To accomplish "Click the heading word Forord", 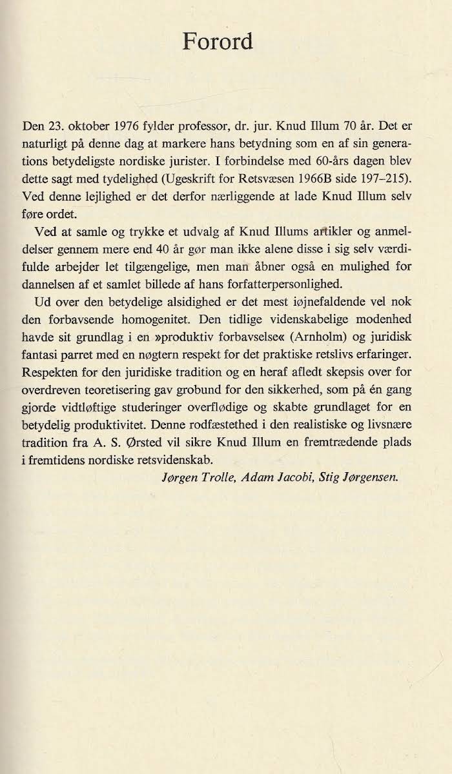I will coord(218,41).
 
